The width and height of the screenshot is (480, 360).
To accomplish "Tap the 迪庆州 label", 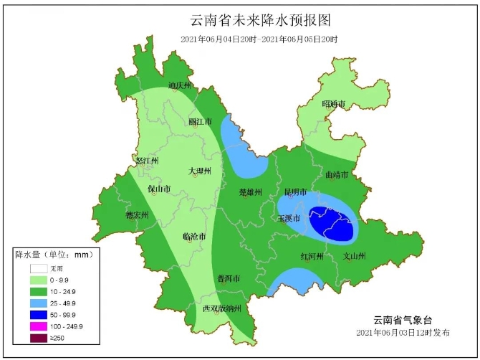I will pos(180,85).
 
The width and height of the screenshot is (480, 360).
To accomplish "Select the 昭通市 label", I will pos(334,105).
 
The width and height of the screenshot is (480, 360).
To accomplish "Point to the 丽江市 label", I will pos(200,122).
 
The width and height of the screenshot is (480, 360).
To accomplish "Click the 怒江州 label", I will pos(147,161).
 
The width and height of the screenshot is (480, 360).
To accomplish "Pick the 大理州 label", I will pos(201,171).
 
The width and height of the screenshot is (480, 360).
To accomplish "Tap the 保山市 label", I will pos(159,189).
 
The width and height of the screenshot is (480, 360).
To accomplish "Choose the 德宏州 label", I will pos(137,215).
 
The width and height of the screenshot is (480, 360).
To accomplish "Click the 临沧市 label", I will pos(194,236).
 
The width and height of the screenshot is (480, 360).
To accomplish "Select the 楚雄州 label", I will pos(250,192).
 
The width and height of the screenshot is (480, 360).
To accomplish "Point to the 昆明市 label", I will pos(295,193).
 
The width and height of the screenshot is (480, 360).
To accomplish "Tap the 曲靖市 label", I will pos(337,175).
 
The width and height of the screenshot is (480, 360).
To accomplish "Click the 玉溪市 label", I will pos(289,217).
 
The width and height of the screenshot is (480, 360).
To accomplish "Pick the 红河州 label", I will pos(312,256).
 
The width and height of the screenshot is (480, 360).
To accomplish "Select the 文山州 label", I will pos(355,256).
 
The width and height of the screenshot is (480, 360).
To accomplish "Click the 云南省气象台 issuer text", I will pos(403,321).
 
